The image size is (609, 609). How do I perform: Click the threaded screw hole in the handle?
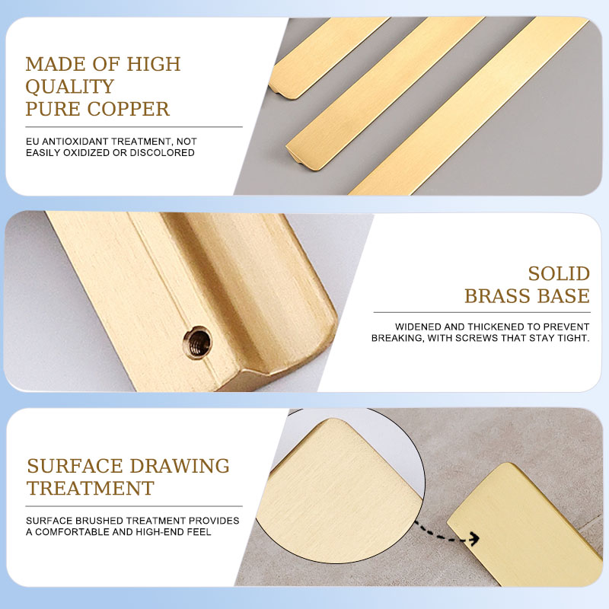tap(198, 343)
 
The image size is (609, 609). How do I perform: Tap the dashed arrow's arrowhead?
tap(473, 538)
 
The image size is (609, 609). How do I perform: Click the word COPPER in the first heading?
tap(128, 109)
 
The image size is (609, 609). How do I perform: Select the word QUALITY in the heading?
tap(69, 86)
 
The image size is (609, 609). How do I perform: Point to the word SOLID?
tap(559, 274)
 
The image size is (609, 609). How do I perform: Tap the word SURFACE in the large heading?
tap(75, 466)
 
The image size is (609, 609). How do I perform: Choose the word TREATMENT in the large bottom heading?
tap(91, 488)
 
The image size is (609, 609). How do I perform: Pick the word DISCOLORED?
tap(162, 153)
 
